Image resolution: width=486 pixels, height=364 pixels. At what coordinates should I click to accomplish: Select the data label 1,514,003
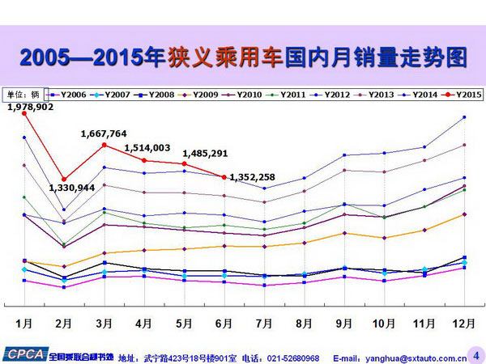(x=147, y=147)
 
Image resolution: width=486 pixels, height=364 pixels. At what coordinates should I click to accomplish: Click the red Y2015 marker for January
(x=25, y=113)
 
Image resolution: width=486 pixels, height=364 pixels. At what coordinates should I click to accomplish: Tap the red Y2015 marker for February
(x=64, y=180)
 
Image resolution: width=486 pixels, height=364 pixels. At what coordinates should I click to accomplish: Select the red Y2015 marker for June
(x=223, y=177)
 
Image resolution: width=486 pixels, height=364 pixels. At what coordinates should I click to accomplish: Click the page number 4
(x=475, y=353)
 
